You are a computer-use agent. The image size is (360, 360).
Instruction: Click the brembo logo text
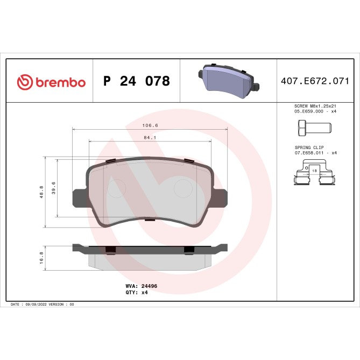coord(60,82)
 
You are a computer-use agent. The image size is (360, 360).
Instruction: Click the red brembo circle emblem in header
coord(25,82)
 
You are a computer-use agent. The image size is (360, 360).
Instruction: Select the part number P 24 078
coord(136,81)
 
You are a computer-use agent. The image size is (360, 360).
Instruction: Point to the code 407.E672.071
coord(315,82)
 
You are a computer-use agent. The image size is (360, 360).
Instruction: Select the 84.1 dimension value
coord(150,137)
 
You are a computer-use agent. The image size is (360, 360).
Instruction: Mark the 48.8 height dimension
coord(41,192)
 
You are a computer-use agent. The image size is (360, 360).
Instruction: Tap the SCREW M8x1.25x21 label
coord(315,107)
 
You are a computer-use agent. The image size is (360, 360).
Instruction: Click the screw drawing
coord(314,128)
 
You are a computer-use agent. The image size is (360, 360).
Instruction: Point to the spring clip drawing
coord(314,174)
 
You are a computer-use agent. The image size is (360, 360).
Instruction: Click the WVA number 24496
coord(149,287)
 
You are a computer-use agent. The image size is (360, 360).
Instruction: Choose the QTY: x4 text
coord(137,293)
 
